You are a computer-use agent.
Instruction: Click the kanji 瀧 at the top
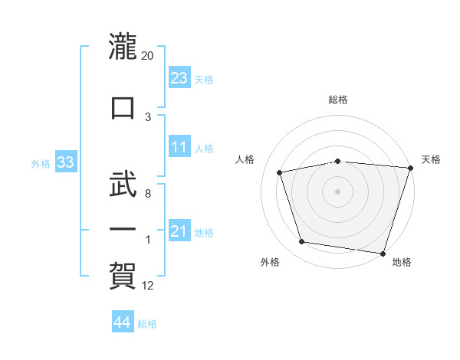point(123,46)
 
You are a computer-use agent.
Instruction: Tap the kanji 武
point(123,184)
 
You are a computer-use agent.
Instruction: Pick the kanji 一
point(123,229)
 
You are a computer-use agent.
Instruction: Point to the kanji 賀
point(123,276)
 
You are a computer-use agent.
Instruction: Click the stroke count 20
point(147,56)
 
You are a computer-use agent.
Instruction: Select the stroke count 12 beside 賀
point(147,286)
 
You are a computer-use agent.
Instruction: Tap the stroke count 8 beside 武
point(148,194)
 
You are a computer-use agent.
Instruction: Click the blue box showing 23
point(179,77)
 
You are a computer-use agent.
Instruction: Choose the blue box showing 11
point(179,146)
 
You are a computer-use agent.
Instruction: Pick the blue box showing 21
point(179,230)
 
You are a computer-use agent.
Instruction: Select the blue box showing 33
point(66,162)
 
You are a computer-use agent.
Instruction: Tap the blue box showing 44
point(123,321)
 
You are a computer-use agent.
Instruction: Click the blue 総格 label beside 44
point(147,324)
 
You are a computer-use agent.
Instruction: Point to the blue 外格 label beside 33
point(41,164)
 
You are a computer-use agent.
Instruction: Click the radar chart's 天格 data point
point(411,168)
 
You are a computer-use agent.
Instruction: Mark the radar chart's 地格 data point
point(383,254)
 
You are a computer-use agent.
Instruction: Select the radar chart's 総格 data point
point(338,162)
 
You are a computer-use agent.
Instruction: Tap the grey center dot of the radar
point(337,191)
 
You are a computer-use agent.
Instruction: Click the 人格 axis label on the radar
point(245,159)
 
